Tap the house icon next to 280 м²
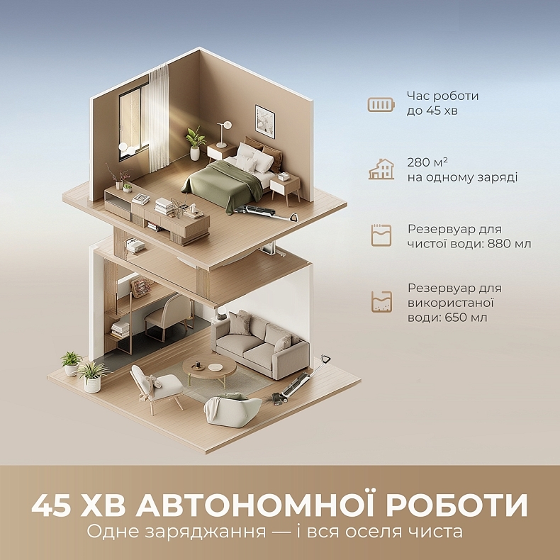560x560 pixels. point(381,169)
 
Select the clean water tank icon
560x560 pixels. point(381,235)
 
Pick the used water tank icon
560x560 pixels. point(381,302)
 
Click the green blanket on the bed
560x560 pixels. point(220,182)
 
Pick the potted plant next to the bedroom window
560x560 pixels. point(195,141)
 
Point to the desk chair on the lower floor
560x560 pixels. point(169,316)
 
